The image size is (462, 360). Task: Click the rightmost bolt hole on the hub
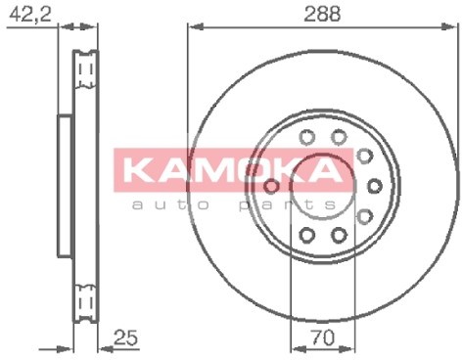click(375, 185)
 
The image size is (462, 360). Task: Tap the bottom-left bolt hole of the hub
click(306, 235)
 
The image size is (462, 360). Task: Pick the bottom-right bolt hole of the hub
click(339, 235)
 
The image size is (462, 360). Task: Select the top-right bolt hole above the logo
click(339, 136)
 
